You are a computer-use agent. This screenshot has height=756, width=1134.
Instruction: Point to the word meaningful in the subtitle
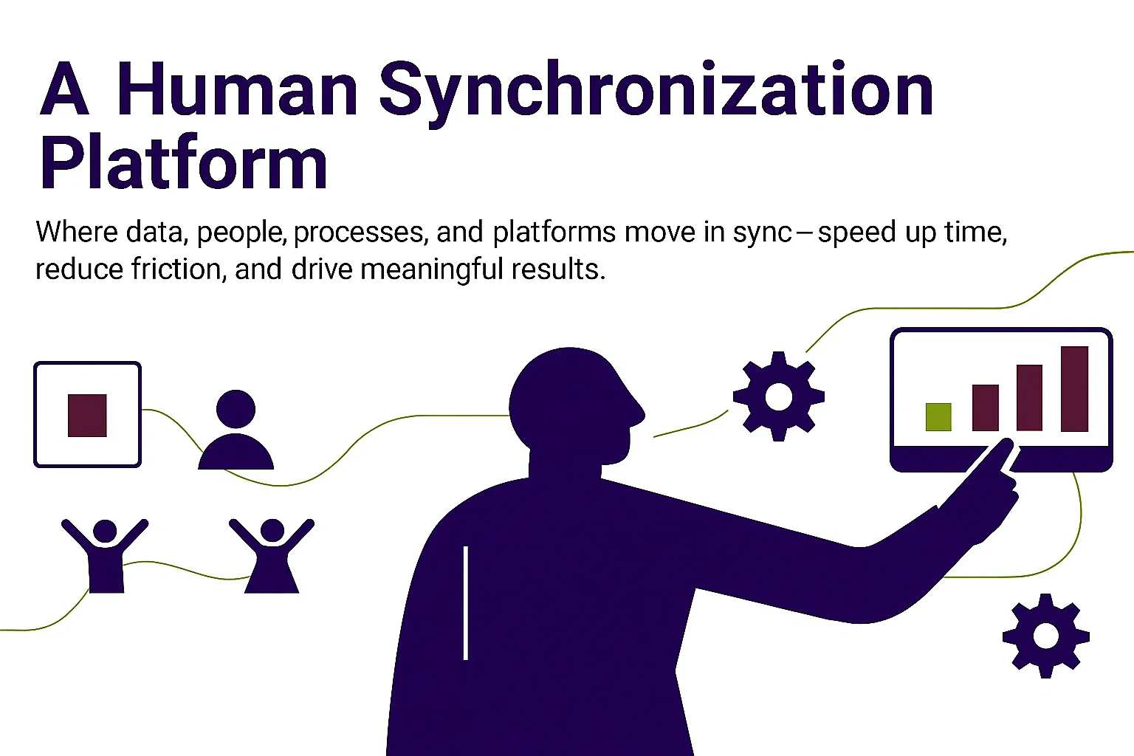coord(431,269)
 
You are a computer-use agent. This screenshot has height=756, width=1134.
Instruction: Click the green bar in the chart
coord(938,416)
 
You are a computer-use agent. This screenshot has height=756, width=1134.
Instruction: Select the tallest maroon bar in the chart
coord(1074,389)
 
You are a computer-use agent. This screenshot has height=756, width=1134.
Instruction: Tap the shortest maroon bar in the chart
coord(985,408)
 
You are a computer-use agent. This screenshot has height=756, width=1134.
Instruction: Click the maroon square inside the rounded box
coord(87,415)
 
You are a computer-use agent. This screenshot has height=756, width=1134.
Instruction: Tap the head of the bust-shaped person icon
coord(236,408)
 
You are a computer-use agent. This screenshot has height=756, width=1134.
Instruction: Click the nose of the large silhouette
coord(641,415)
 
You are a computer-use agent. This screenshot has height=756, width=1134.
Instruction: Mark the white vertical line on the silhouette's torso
coord(466,603)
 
